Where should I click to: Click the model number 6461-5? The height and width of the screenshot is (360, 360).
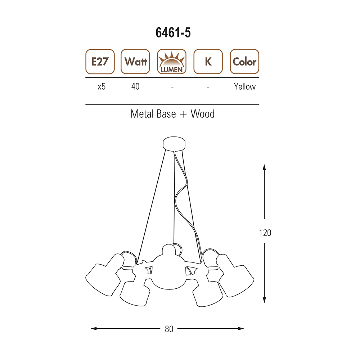point(173,33)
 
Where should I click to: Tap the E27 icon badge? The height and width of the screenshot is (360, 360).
point(100,62)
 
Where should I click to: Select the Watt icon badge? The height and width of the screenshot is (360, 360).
point(135,62)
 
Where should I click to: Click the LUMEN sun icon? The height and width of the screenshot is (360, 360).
point(172,62)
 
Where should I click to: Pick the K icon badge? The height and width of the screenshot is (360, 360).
point(208,62)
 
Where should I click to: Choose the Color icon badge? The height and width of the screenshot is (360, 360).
point(244,62)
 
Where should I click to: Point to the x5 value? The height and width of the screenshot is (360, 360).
point(102,86)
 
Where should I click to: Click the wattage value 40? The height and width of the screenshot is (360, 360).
point(135,86)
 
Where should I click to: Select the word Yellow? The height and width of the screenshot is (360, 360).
point(245,86)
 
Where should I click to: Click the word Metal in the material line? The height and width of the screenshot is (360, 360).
point(141,114)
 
